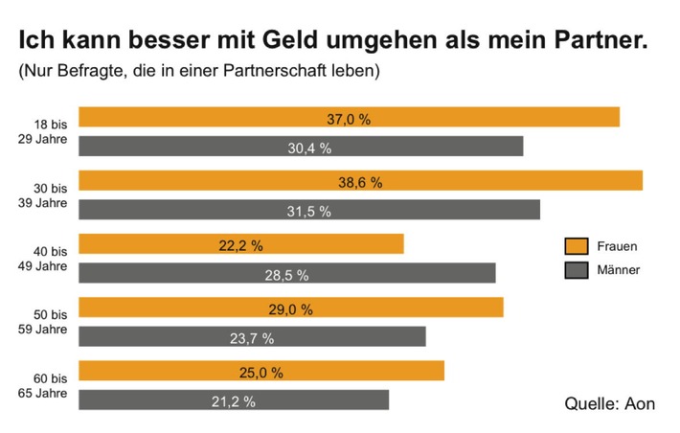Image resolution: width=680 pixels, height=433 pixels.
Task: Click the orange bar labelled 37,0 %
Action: [349, 117]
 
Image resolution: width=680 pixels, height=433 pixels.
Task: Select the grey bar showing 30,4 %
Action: [301, 147]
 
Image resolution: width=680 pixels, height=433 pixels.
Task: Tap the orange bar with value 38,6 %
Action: [360, 180]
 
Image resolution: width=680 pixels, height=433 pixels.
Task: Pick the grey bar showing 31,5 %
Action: [308, 210]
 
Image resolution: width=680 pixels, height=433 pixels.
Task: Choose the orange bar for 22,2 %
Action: [240, 244]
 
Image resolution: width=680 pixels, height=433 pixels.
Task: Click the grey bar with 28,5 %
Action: [286, 273]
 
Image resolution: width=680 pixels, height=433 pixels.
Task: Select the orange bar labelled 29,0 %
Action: [290, 308]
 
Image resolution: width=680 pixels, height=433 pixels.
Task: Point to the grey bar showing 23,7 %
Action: [251, 336]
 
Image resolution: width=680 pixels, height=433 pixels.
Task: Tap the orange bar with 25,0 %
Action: [261, 371]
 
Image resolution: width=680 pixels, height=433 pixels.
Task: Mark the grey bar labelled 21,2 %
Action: [233, 399]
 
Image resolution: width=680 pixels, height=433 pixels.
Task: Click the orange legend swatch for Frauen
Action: [576, 246]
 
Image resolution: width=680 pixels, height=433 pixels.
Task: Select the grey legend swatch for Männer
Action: [576, 270]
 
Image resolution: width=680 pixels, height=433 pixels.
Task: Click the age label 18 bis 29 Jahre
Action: [46, 132]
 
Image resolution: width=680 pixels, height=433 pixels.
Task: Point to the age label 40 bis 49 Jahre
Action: [46, 259]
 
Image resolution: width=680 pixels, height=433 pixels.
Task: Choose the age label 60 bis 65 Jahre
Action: [46, 385]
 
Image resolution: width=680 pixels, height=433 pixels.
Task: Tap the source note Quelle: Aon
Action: [610, 403]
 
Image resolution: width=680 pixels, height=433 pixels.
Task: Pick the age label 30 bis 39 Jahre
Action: [46, 195]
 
